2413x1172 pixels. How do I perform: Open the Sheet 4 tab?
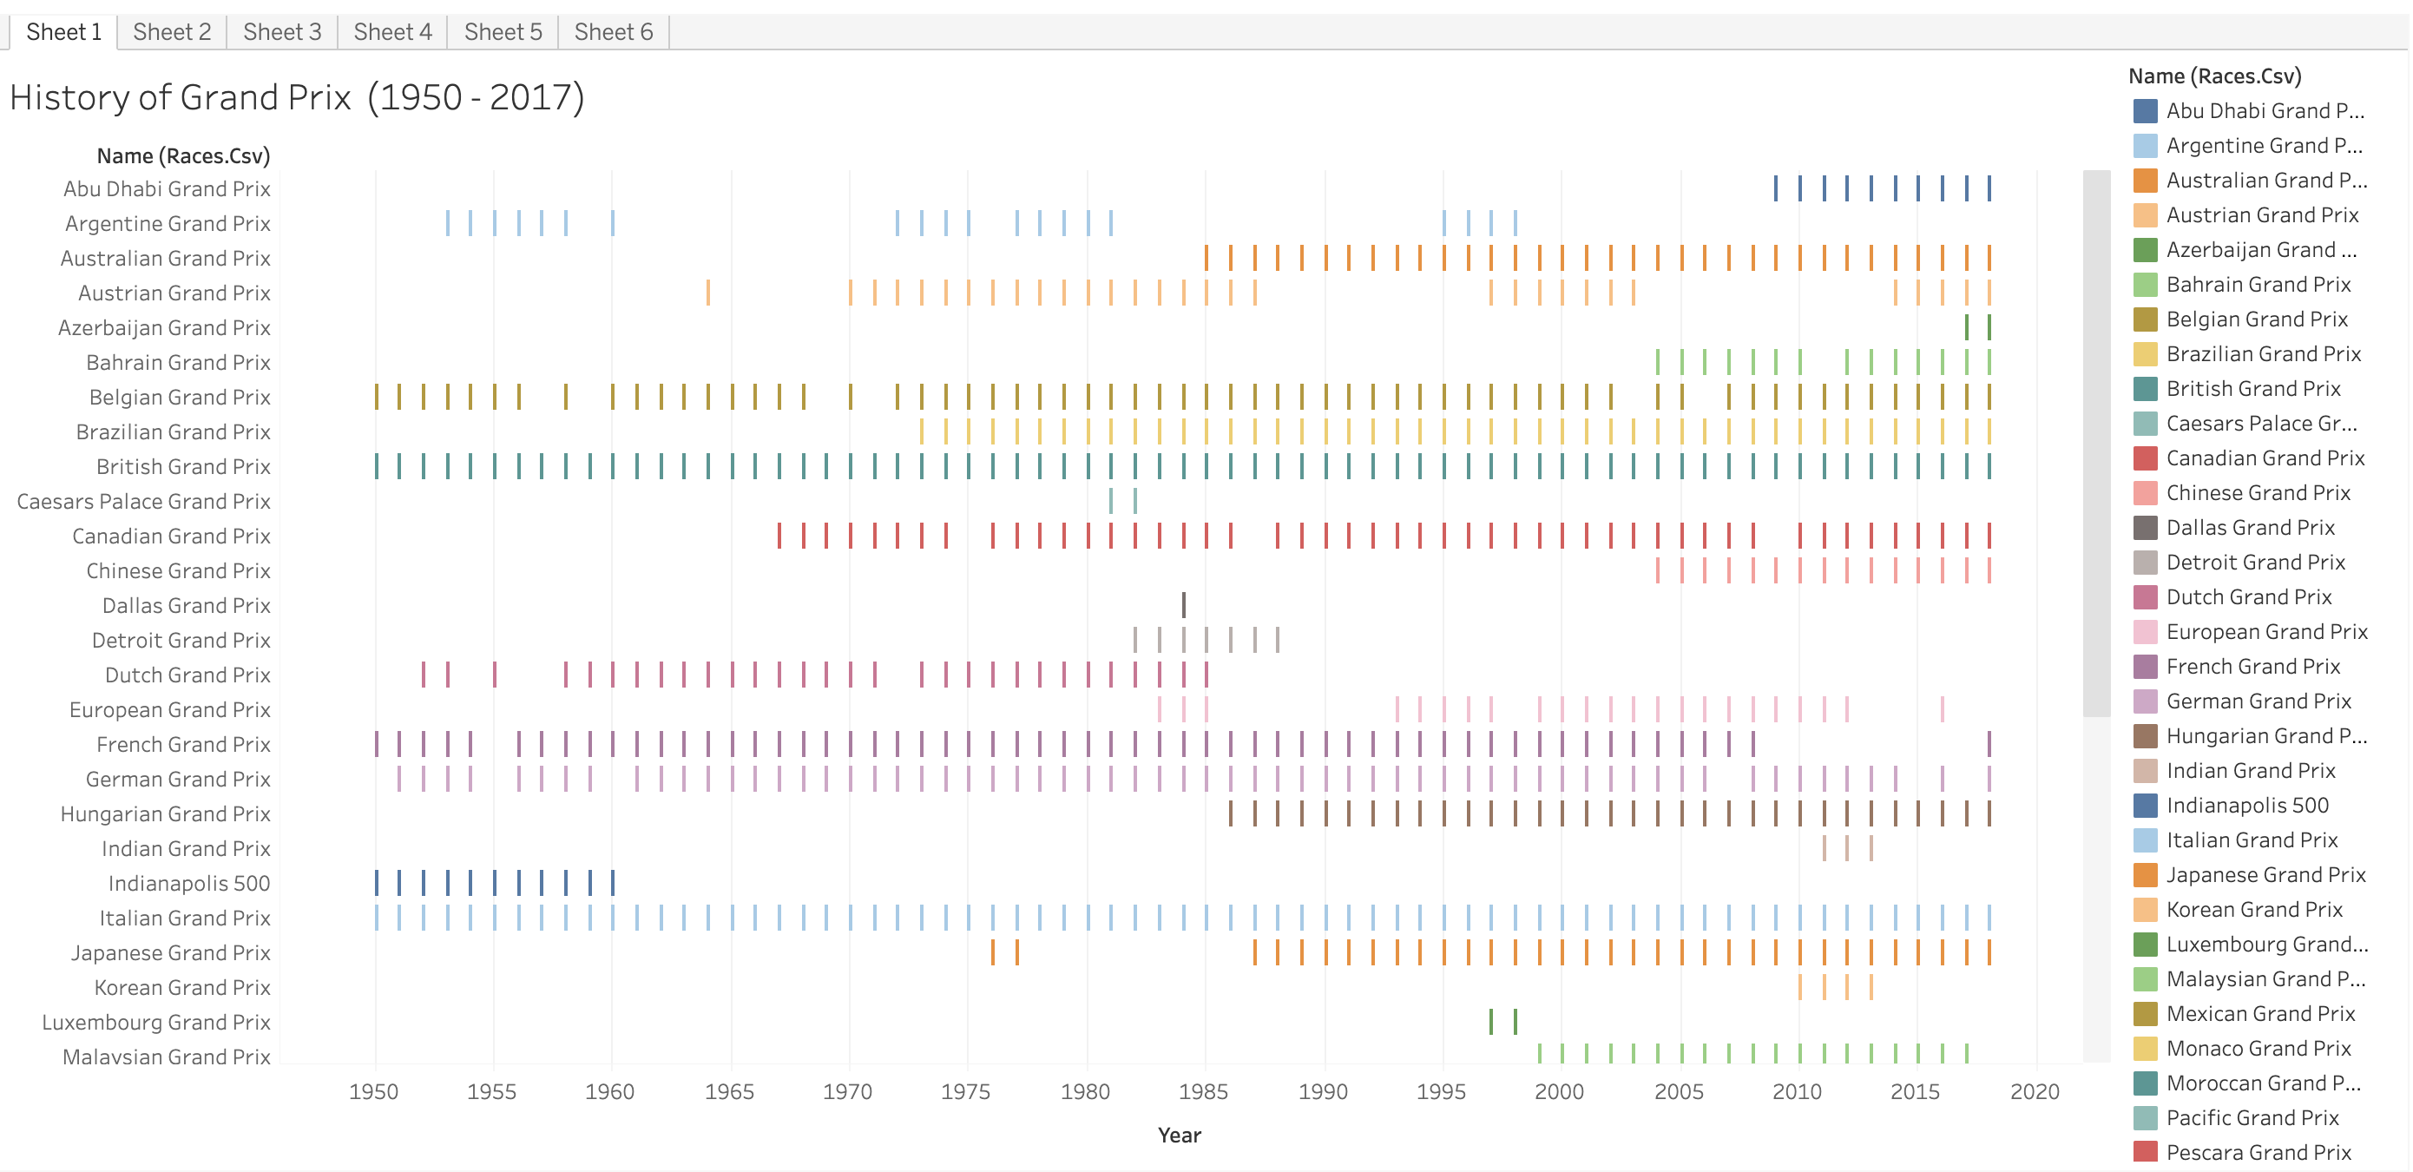392,32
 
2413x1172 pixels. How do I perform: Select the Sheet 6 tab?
613,32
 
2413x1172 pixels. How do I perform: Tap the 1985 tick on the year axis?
1204,1091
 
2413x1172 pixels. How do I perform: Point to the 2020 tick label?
2035,1091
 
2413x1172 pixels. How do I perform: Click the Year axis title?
1180,1136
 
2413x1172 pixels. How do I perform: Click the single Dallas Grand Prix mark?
1183,605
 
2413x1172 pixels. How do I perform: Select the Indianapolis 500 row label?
188,884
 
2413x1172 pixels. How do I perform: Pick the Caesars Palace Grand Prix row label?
143,501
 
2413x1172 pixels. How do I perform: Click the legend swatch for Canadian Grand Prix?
2145,458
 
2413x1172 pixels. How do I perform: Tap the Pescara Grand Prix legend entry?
2258,1152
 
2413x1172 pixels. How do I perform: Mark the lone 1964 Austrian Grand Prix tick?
708,293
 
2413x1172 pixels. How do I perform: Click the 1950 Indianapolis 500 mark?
377,883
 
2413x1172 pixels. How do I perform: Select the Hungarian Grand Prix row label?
165,814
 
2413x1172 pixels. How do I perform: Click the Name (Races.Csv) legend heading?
2214,76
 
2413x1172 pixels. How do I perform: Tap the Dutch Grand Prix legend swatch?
2145,596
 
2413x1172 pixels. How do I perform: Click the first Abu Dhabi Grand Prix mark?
1775,188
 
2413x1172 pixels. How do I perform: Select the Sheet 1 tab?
62,32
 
